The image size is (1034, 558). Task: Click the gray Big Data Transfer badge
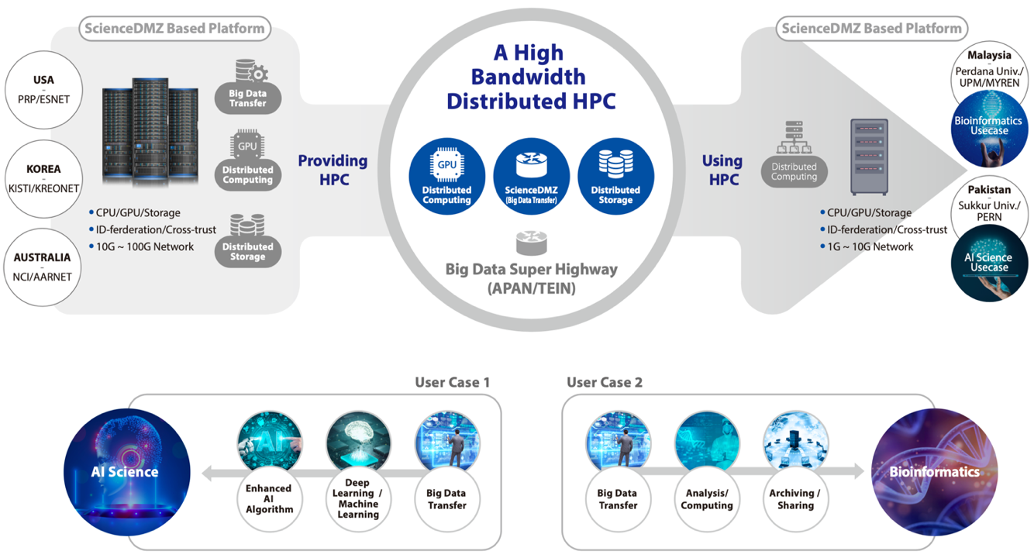pyautogui.click(x=248, y=90)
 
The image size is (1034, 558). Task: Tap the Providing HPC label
pyautogui.click(x=333, y=170)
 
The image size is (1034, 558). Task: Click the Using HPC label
pyautogui.click(x=722, y=170)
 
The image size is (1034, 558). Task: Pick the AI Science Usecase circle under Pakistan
pyautogui.click(x=989, y=263)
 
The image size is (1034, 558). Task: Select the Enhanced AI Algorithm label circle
pyautogui.click(x=269, y=498)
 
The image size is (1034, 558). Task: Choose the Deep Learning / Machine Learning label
pyautogui.click(x=358, y=498)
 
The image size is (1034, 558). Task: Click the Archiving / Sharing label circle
pyautogui.click(x=794, y=498)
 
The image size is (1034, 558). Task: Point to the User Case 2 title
pyautogui.click(x=605, y=382)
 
